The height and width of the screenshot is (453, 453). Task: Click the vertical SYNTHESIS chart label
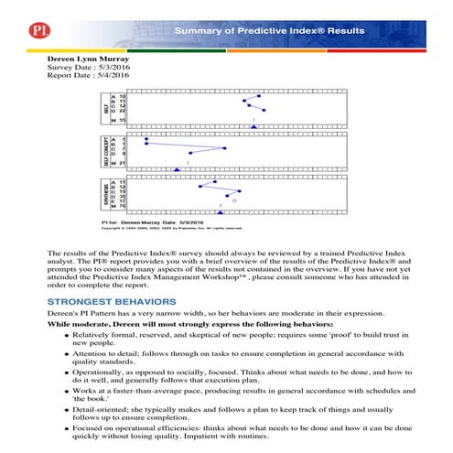[x=104, y=196]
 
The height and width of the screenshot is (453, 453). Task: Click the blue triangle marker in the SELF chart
[x=253, y=126]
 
